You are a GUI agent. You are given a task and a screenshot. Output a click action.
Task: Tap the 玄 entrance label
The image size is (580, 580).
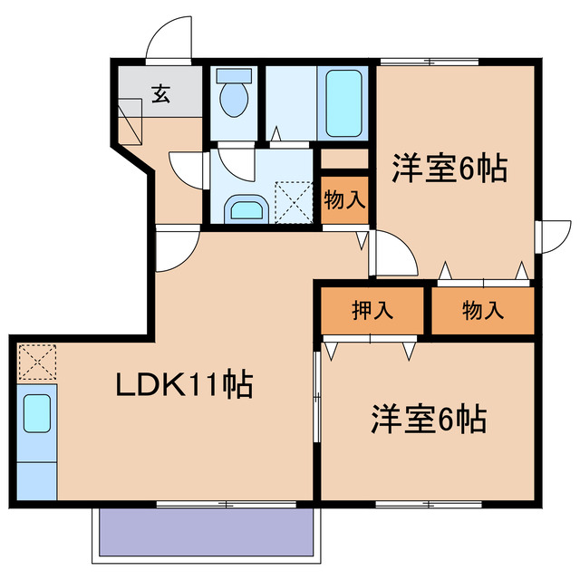coord(160,92)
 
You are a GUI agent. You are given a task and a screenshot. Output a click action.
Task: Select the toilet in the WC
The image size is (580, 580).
coord(235,97)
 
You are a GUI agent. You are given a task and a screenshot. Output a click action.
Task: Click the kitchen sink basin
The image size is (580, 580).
coord(36,414)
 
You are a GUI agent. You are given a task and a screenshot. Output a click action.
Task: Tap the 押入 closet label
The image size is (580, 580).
coord(372,311)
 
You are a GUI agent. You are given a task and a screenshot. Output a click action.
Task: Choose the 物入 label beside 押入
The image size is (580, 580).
coord(482,311)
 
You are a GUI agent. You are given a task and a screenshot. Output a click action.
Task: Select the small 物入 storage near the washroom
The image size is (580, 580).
coord(343,200)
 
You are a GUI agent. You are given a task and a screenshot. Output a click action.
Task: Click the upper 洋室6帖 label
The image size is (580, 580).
coord(449,169)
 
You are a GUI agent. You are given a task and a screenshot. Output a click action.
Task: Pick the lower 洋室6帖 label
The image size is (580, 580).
coord(427,419)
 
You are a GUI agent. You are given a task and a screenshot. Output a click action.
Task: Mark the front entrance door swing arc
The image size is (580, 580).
coord(169,38)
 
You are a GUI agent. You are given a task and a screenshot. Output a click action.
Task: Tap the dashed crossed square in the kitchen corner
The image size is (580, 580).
coord(36,362)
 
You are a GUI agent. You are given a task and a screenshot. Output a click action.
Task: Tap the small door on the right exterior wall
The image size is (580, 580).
coord(548,237)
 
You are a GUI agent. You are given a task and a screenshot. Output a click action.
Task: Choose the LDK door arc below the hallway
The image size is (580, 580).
coord(177,246)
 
